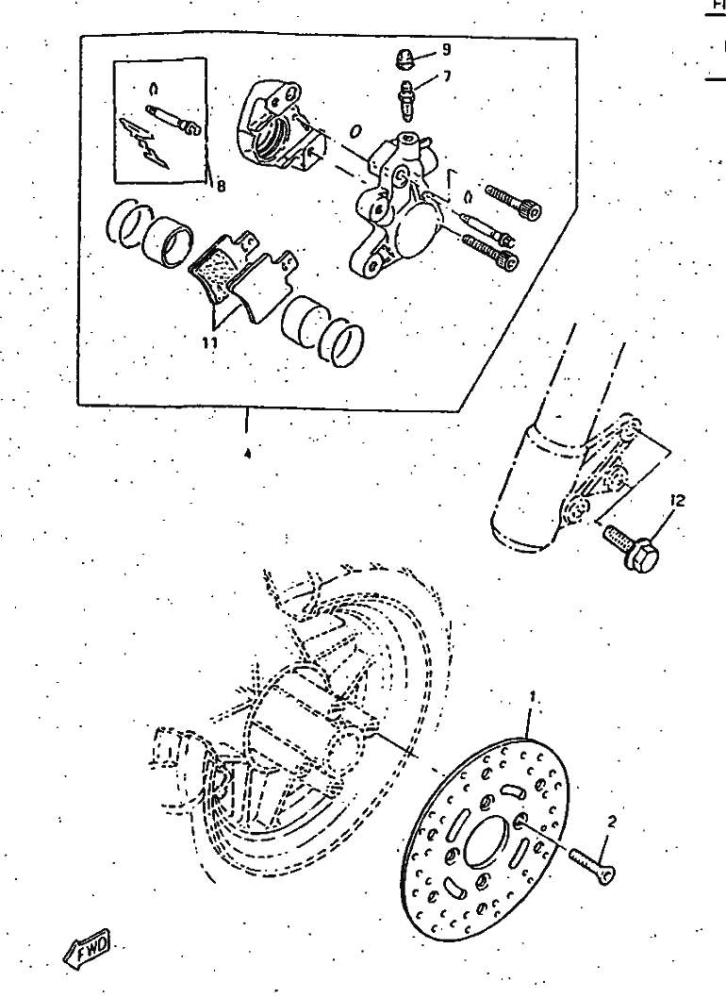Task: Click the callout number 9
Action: tap(446, 49)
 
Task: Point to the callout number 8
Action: tap(220, 186)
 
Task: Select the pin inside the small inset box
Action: tap(173, 120)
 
